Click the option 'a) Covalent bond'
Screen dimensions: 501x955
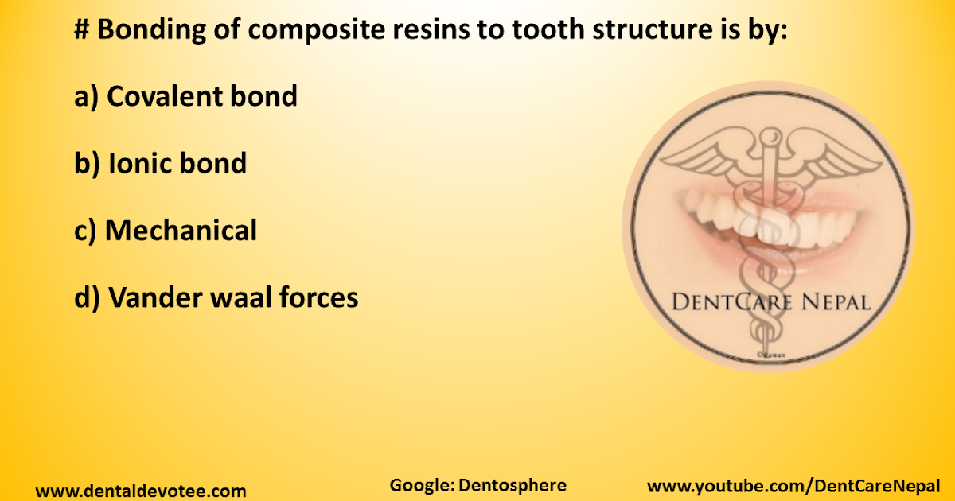click(x=185, y=97)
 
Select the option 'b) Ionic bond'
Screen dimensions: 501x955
click(x=160, y=164)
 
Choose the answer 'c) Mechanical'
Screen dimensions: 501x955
click(x=166, y=231)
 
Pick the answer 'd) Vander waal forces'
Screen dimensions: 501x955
click(x=216, y=298)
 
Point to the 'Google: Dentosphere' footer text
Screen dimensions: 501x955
click(x=477, y=485)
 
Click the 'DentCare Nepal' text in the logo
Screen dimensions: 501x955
click(x=770, y=302)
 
